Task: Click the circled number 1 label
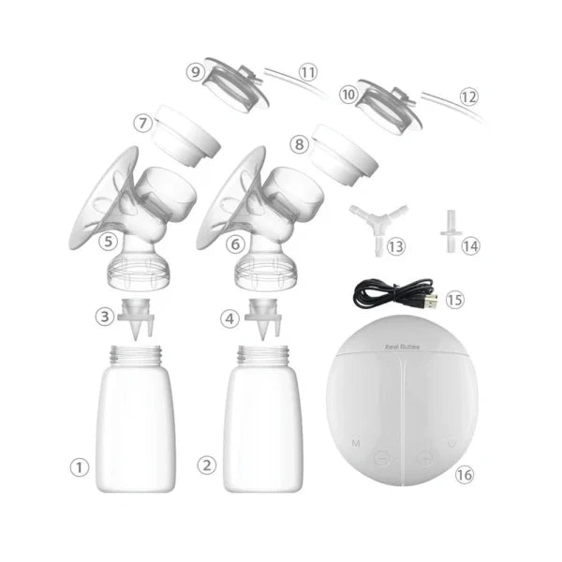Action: (x=81, y=464)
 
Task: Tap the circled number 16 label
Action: (x=465, y=475)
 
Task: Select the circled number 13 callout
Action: (x=396, y=245)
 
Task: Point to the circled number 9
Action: (x=195, y=70)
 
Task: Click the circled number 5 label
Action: (x=109, y=242)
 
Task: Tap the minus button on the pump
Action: (x=381, y=459)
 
